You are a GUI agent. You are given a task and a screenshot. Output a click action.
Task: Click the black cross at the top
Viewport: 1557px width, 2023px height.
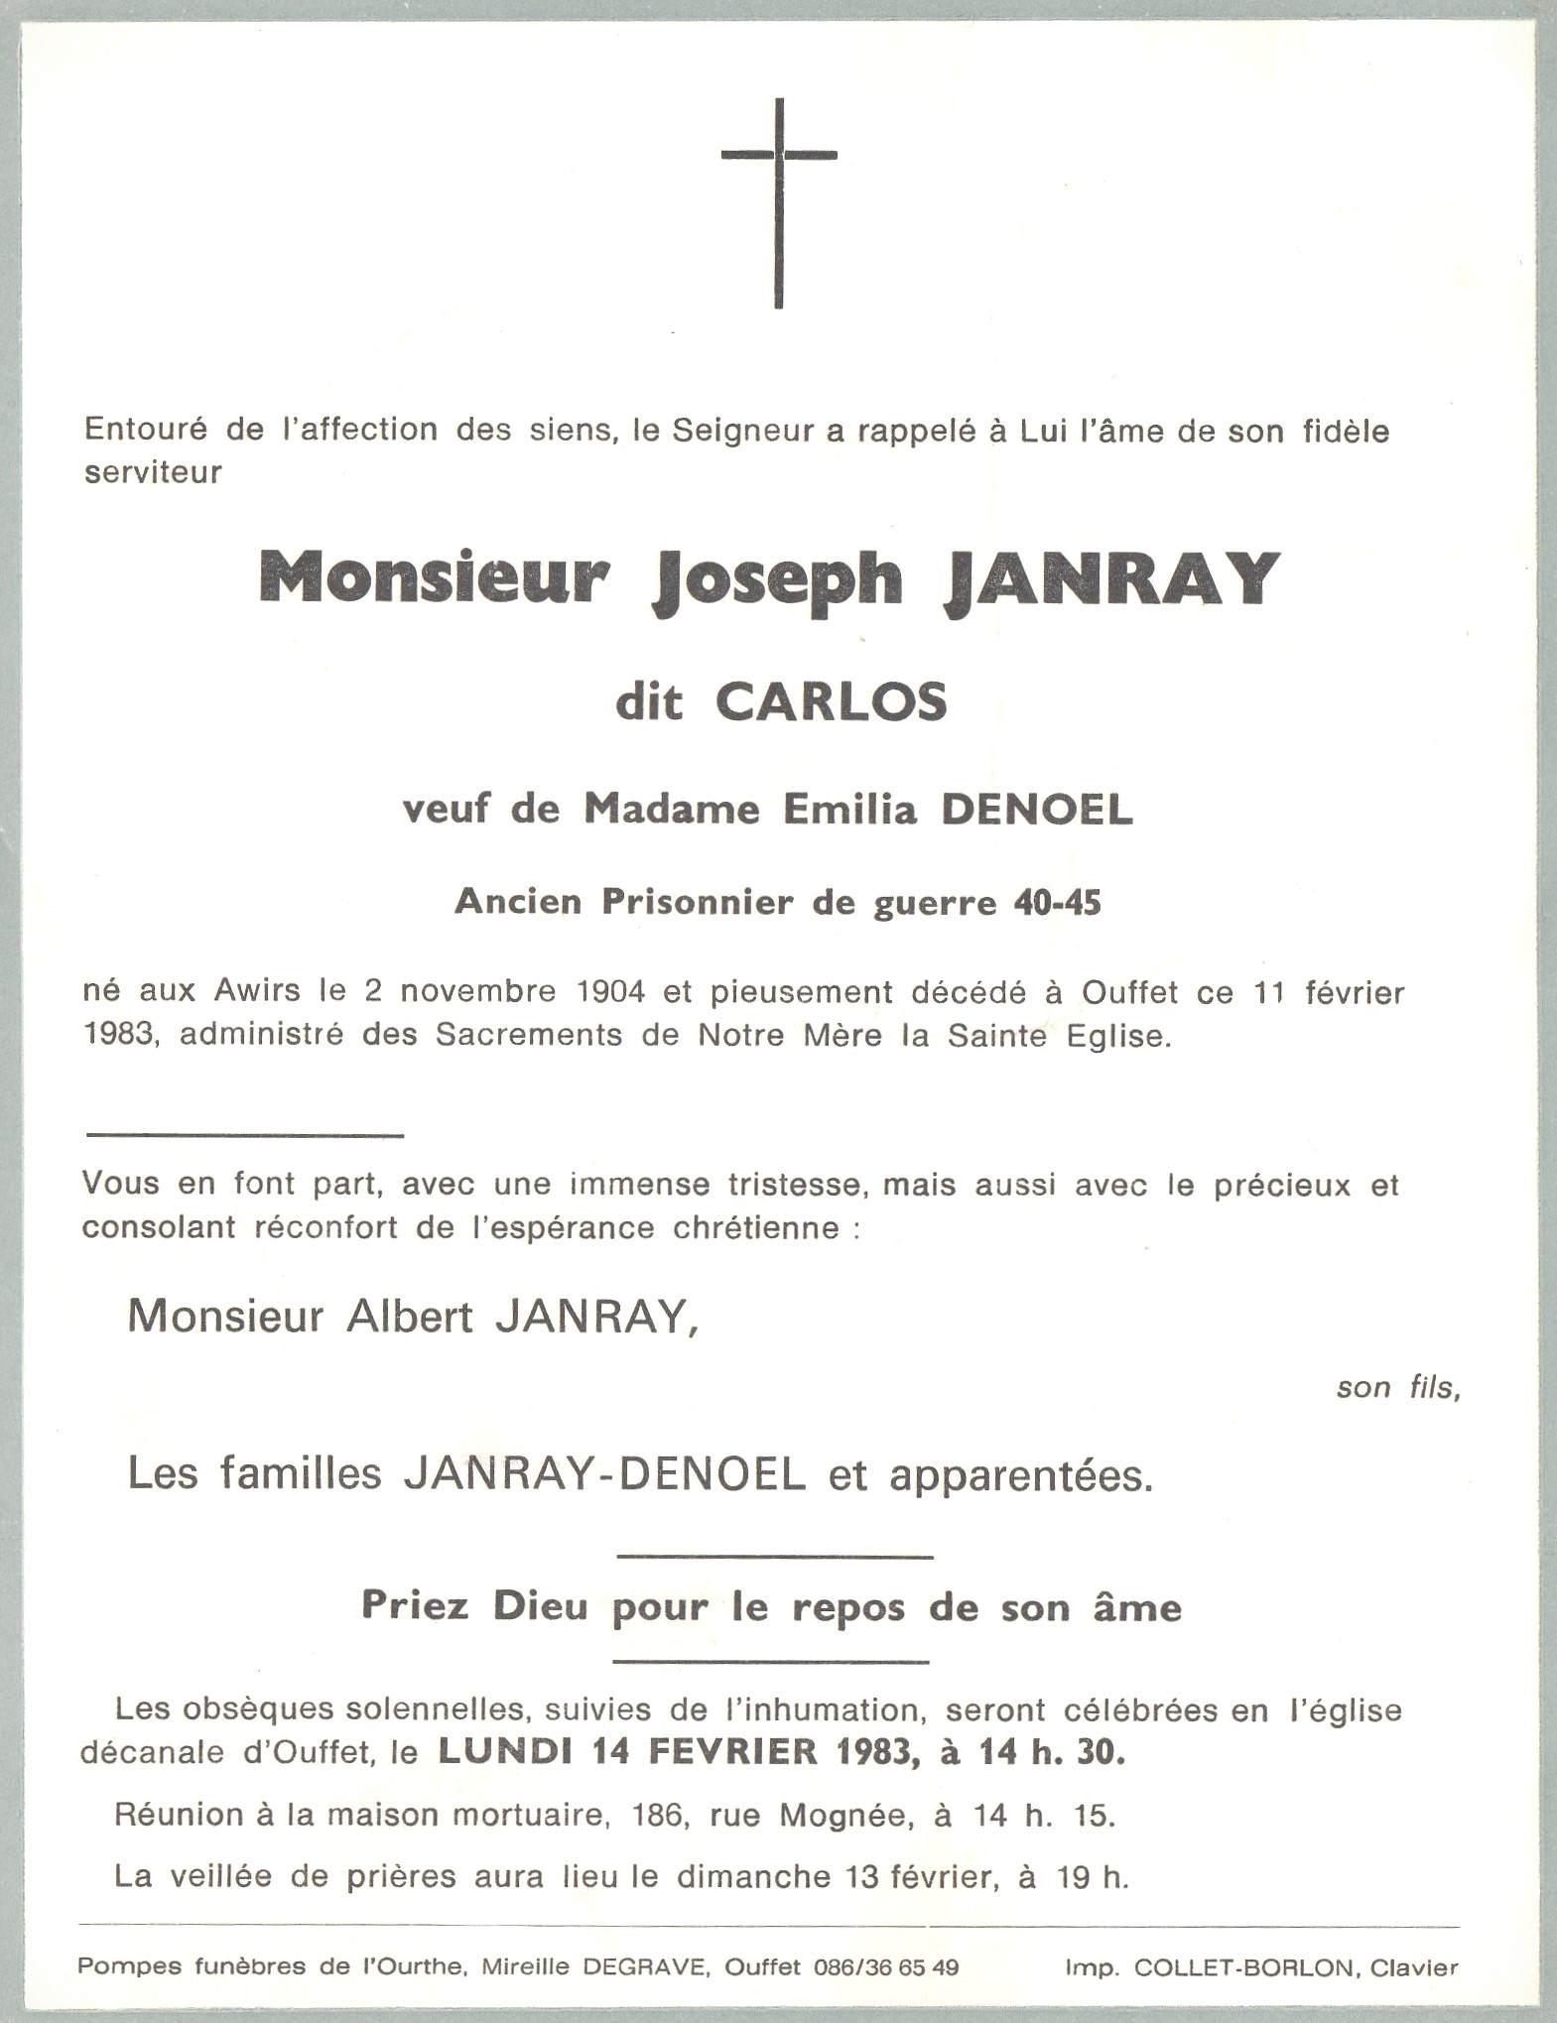pyautogui.click(x=779, y=202)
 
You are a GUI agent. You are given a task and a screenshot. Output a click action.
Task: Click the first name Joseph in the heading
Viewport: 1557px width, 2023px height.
pyautogui.click(x=777, y=578)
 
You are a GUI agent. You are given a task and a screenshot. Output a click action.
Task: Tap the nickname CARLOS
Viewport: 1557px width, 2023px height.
pyautogui.click(x=831, y=702)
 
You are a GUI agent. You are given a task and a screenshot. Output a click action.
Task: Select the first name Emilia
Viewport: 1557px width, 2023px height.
pyautogui.click(x=849, y=810)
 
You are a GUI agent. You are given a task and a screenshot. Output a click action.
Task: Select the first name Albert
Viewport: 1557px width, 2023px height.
pyautogui.click(x=409, y=1317)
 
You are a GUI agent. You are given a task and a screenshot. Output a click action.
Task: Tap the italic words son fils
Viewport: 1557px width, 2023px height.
pyautogui.click(x=1397, y=1387)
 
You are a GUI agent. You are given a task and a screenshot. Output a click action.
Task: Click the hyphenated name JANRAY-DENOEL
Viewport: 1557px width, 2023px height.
pyautogui.click(x=604, y=1475)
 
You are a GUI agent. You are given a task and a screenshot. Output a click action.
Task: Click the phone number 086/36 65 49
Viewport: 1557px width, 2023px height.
pyautogui.click(x=885, y=1967)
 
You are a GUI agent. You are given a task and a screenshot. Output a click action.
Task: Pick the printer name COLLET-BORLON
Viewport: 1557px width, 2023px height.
pyautogui.click(x=1240, y=1967)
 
